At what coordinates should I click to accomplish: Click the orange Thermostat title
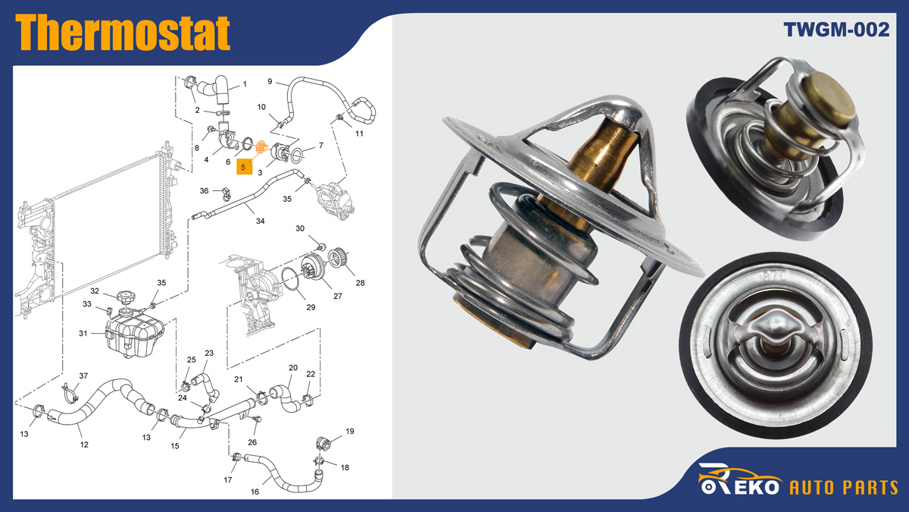click(123, 33)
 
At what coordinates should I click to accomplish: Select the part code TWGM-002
click(836, 30)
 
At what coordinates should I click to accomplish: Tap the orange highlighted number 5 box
click(244, 167)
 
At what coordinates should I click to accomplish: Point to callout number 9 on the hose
click(270, 81)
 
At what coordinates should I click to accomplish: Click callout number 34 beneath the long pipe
click(260, 221)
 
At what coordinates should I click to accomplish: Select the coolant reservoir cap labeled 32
click(124, 298)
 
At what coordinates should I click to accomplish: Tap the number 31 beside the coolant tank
click(83, 333)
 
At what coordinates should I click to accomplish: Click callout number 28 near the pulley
click(360, 283)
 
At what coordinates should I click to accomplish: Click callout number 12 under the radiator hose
click(84, 444)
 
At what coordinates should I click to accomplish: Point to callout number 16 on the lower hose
click(255, 492)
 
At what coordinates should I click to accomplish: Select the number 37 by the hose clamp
click(83, 376)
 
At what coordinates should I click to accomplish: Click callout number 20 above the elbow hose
click(293, 367)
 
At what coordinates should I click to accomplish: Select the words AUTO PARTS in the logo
click(844, 487)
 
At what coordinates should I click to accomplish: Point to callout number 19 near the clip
click(350, 431)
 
